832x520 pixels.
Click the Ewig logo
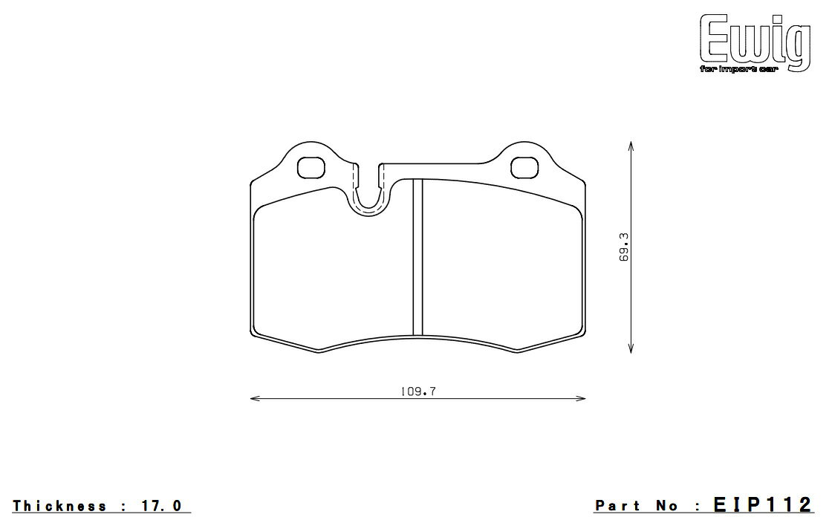coord(755,43)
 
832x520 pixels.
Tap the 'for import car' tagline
coord(738,70)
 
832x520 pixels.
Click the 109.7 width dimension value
coord(418,391)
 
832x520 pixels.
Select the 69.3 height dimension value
coord(623,247)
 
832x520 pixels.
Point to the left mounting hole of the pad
coord(311,168)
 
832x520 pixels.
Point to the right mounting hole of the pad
coord(524,168)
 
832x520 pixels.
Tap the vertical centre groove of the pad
coord(417,257)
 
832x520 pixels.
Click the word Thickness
coord(59,506)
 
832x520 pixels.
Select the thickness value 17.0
coord(162,506)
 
